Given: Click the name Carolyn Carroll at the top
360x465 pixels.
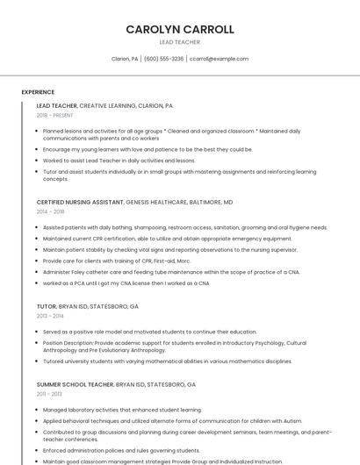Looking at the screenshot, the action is (x=180, y=29).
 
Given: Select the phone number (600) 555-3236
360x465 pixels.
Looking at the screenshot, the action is (x=163, y=59).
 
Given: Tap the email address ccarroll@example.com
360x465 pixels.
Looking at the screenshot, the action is (x=219, y=59).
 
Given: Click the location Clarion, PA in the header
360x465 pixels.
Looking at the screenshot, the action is (x=125, y=59).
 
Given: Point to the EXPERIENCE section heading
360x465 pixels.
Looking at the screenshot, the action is (x=38, y=92).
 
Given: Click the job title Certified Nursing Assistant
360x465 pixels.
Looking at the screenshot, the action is (x=80, y=202).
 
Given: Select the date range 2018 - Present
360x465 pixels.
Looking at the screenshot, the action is (x=55, y=115).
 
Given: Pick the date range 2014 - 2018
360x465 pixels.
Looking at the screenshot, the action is (x=51, y=211).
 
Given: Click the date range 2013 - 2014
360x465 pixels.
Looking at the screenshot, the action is (x=50, y=316).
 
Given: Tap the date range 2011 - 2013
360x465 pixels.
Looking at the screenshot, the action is (x=49, y=394).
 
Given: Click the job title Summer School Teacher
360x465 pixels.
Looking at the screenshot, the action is (x=76, y=384).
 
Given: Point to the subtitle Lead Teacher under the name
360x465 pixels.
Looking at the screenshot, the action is (x=179, y=42).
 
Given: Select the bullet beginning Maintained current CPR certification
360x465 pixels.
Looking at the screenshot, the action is (x=167, y=239).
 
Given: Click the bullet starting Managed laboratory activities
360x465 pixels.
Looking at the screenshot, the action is (x=122, y=410).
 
